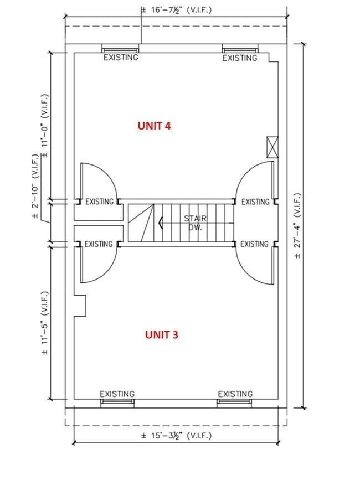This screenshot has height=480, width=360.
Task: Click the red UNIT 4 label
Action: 155,126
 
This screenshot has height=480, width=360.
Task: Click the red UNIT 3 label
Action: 162,335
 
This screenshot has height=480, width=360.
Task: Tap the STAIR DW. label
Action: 196,223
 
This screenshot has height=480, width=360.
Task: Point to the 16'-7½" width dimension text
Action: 176,10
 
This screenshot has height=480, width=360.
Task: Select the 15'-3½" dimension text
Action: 176,436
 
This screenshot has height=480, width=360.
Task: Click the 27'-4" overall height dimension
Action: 297,226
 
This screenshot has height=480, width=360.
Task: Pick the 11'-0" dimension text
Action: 45,126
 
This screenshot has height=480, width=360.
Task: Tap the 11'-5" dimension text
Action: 45,323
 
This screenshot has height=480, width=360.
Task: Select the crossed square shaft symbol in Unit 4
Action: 272,147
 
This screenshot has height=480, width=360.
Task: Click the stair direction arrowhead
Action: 161,223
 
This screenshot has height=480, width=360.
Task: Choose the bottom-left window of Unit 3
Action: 117,403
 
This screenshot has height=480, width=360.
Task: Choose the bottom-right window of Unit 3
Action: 234,403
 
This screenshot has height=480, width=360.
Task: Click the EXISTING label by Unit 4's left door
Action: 99,202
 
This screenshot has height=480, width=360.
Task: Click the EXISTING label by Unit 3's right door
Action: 254,244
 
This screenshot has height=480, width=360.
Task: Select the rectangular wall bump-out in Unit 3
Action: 80,306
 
